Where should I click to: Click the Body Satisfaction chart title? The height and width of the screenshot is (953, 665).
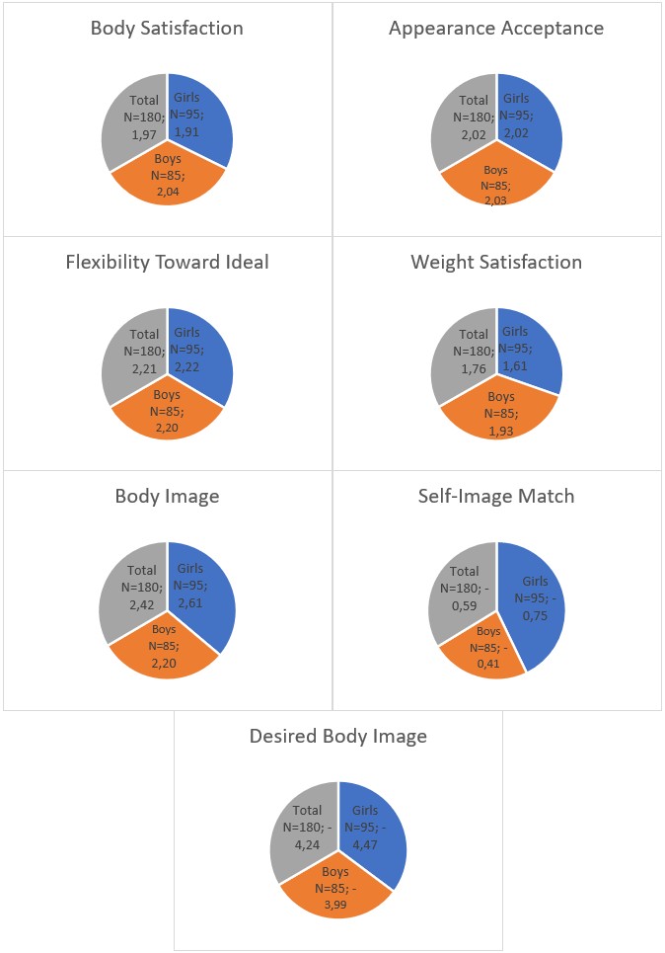[x=167, y=28]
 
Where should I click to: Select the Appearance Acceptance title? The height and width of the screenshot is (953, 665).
[x=496, y=28]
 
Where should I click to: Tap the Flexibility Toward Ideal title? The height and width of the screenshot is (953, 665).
[x=167, y=262]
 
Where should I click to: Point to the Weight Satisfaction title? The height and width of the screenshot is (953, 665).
[x=496, y=262]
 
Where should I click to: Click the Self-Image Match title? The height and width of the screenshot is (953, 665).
[x=496, y=496]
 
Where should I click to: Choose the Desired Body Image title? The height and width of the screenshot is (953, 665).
[x=338, y=736]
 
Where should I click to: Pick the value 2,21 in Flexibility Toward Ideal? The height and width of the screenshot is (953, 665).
[x=143, y=366]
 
